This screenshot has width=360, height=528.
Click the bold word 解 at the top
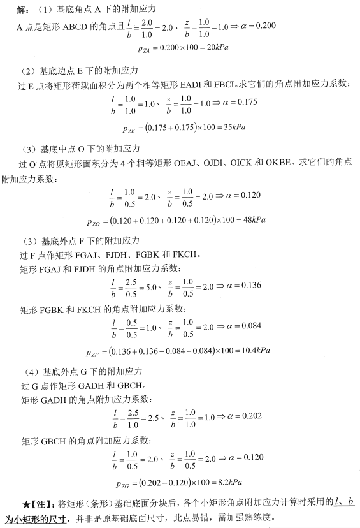pos(21,11)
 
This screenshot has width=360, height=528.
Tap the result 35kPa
pos(232,127)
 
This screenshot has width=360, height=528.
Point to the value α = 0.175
pos(238,102)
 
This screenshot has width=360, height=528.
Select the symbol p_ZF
pos(94,351)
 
